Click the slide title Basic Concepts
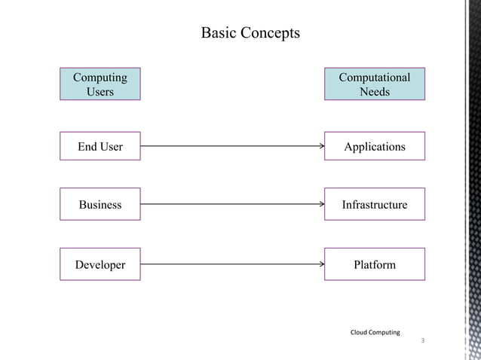250,33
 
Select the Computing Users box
100,84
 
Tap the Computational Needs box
375,84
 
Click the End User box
100,146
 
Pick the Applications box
375,146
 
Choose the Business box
100,204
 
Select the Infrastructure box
375,204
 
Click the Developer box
100,264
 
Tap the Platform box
375,264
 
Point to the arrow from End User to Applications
232,146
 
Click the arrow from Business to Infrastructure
232,204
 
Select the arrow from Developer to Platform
232,264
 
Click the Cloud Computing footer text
375,332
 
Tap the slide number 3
422,341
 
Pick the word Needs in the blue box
375,91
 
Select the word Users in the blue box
100,91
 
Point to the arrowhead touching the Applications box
321,146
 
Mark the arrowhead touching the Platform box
321,264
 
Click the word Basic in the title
219,33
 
